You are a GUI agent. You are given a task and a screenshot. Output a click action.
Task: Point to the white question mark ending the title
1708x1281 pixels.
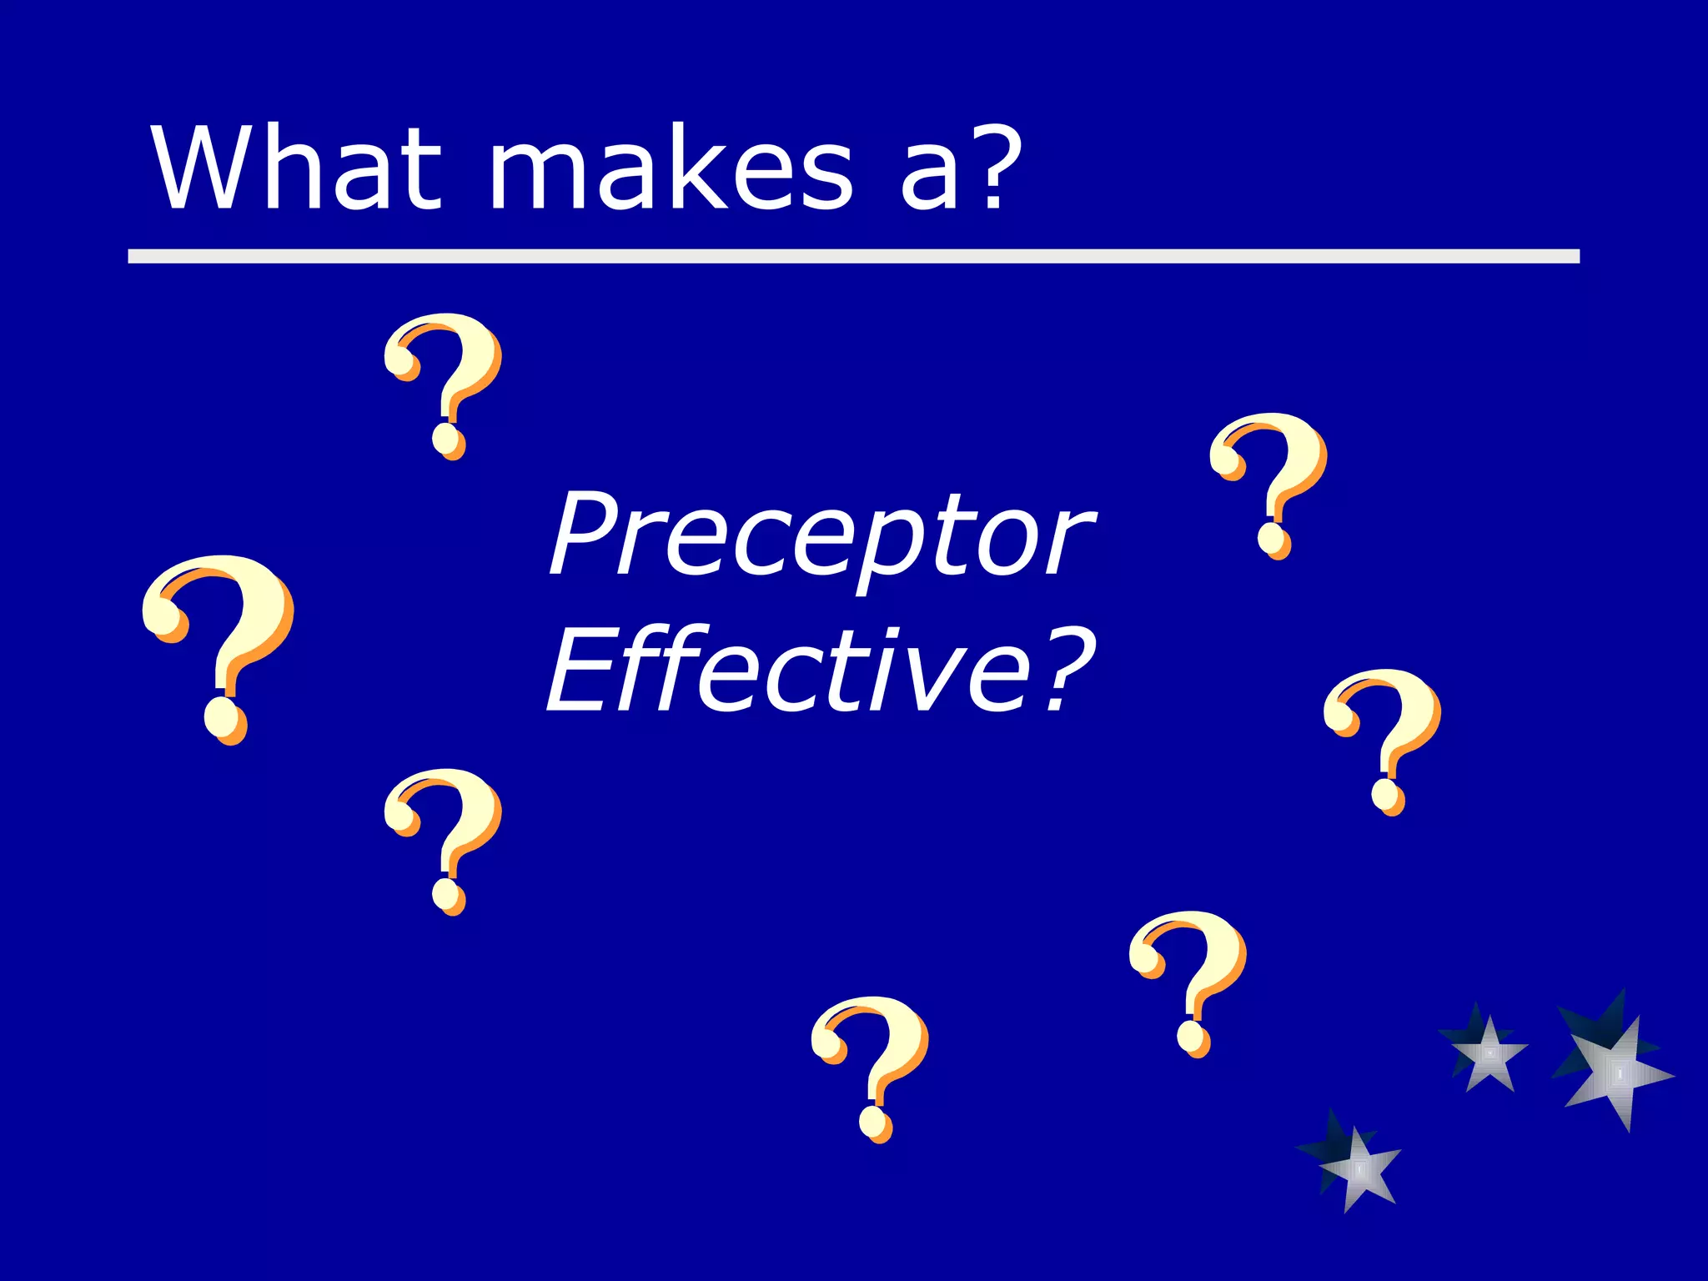tap(992, 167)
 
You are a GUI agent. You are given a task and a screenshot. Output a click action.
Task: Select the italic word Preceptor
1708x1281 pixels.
tap(821, 534)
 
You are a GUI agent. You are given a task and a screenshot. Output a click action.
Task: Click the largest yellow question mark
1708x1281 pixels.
tap(219, 646)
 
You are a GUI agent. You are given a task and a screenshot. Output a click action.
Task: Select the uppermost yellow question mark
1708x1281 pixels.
tap(444, 384)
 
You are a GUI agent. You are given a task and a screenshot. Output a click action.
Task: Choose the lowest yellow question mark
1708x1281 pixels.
tap(871, 1067)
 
